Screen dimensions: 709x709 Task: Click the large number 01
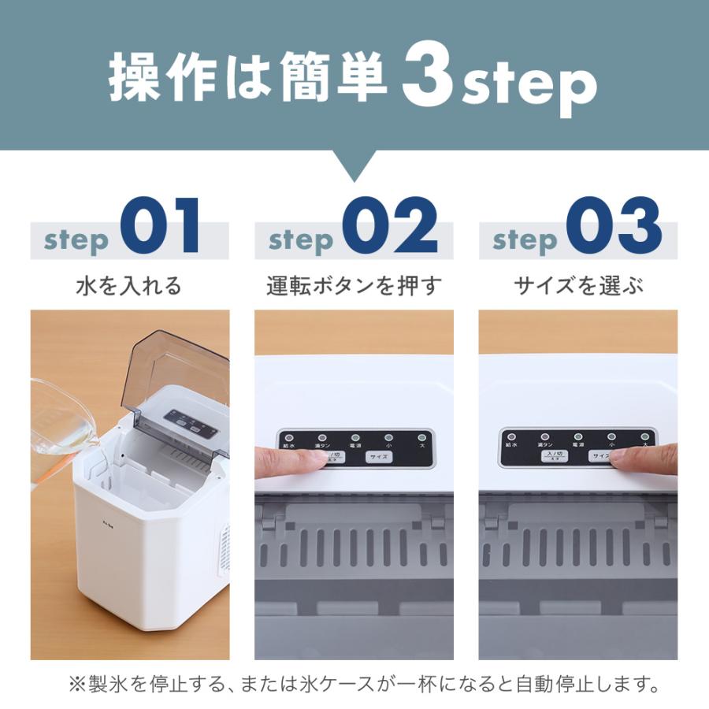pos(161,227)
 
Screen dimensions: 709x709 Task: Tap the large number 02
pos(390,227)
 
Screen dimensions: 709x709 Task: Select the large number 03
pos(614,227)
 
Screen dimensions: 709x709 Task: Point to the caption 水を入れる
pos(129,285)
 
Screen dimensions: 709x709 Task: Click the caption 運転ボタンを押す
pos(354,285)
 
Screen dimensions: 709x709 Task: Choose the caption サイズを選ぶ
pos(578,285)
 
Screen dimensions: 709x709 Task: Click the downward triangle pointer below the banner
pos(354,165)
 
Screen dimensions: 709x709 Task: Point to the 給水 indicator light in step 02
pos(288,437)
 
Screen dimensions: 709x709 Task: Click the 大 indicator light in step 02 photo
pos(421,437)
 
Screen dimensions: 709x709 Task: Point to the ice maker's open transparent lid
pos(173,370)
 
